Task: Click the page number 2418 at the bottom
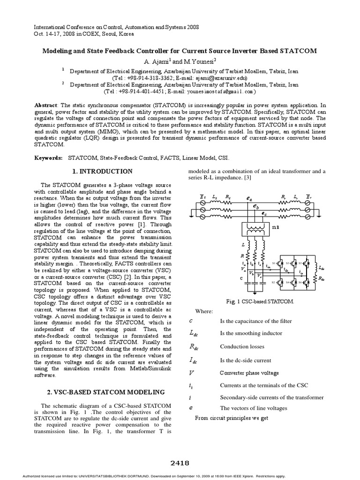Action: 180,463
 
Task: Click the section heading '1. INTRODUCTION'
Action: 104,172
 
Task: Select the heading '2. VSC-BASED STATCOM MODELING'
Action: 103,392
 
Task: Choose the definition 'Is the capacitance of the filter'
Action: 255,321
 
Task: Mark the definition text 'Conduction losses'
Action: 242,347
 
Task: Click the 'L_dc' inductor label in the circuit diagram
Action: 322,268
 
